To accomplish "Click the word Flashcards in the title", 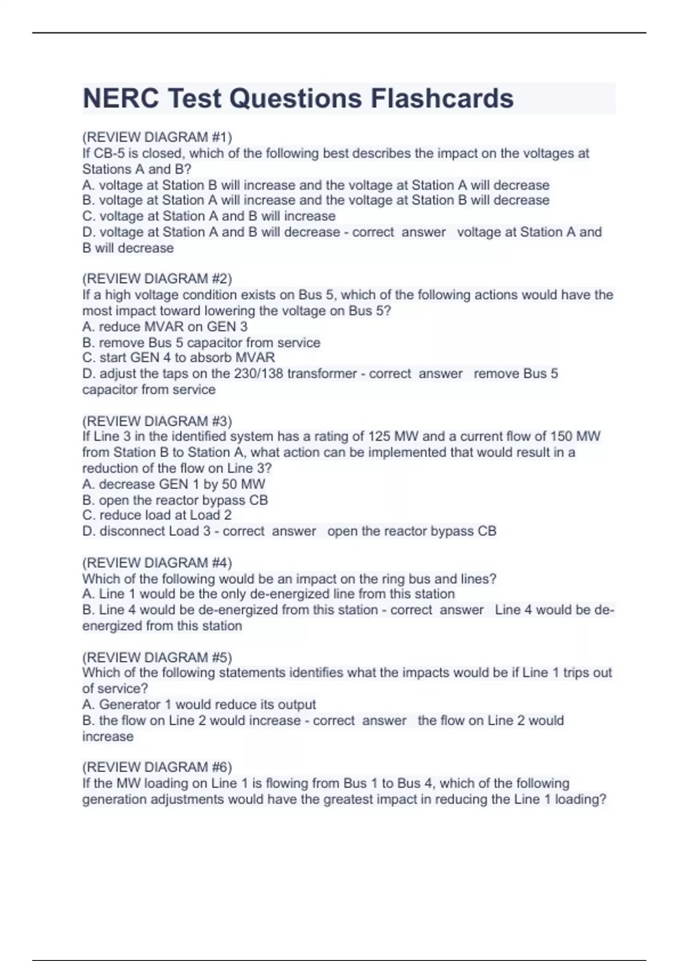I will point(442,98).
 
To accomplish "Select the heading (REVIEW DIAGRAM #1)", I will point(157,137).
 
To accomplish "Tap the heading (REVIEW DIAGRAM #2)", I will point(157,279).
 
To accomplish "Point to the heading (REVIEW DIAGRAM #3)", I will point(157,421).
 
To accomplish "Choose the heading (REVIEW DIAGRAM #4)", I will point(157,563).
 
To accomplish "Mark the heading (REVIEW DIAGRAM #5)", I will point(157,657).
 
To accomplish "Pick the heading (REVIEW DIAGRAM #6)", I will point(157,767).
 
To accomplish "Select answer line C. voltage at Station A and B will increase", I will point(209,216).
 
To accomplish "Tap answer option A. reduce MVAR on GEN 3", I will point(165,326).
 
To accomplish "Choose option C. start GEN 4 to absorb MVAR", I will point(178,358).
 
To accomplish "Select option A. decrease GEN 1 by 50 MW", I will point(173,484).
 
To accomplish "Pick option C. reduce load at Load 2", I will point(157,515).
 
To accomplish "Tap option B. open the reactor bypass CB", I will point(175,500).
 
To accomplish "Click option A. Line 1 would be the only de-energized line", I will point(268,594).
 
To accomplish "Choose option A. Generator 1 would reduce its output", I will point(199,704).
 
